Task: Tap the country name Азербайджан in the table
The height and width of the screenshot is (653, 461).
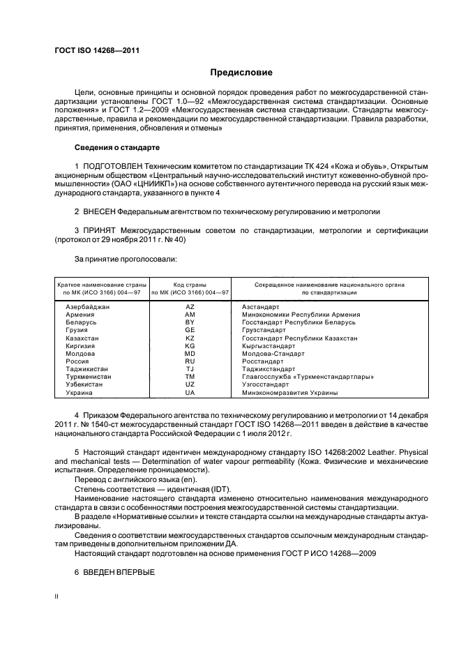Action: (89, 307)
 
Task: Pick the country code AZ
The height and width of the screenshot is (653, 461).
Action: (190, 307)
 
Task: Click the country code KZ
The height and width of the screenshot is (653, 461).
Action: (190, 338)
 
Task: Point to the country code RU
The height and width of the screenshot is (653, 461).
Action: (190, 361)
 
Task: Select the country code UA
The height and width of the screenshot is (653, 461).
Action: (190, 392)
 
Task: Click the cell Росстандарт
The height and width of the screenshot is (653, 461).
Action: (263, 361)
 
